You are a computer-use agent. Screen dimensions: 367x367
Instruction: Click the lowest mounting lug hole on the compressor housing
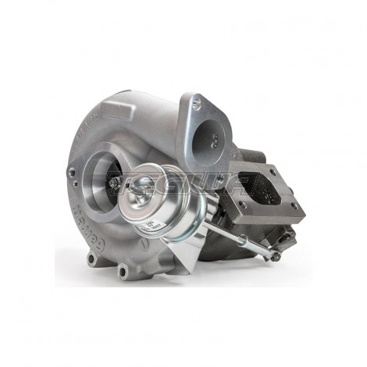(x=123, y=272)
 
